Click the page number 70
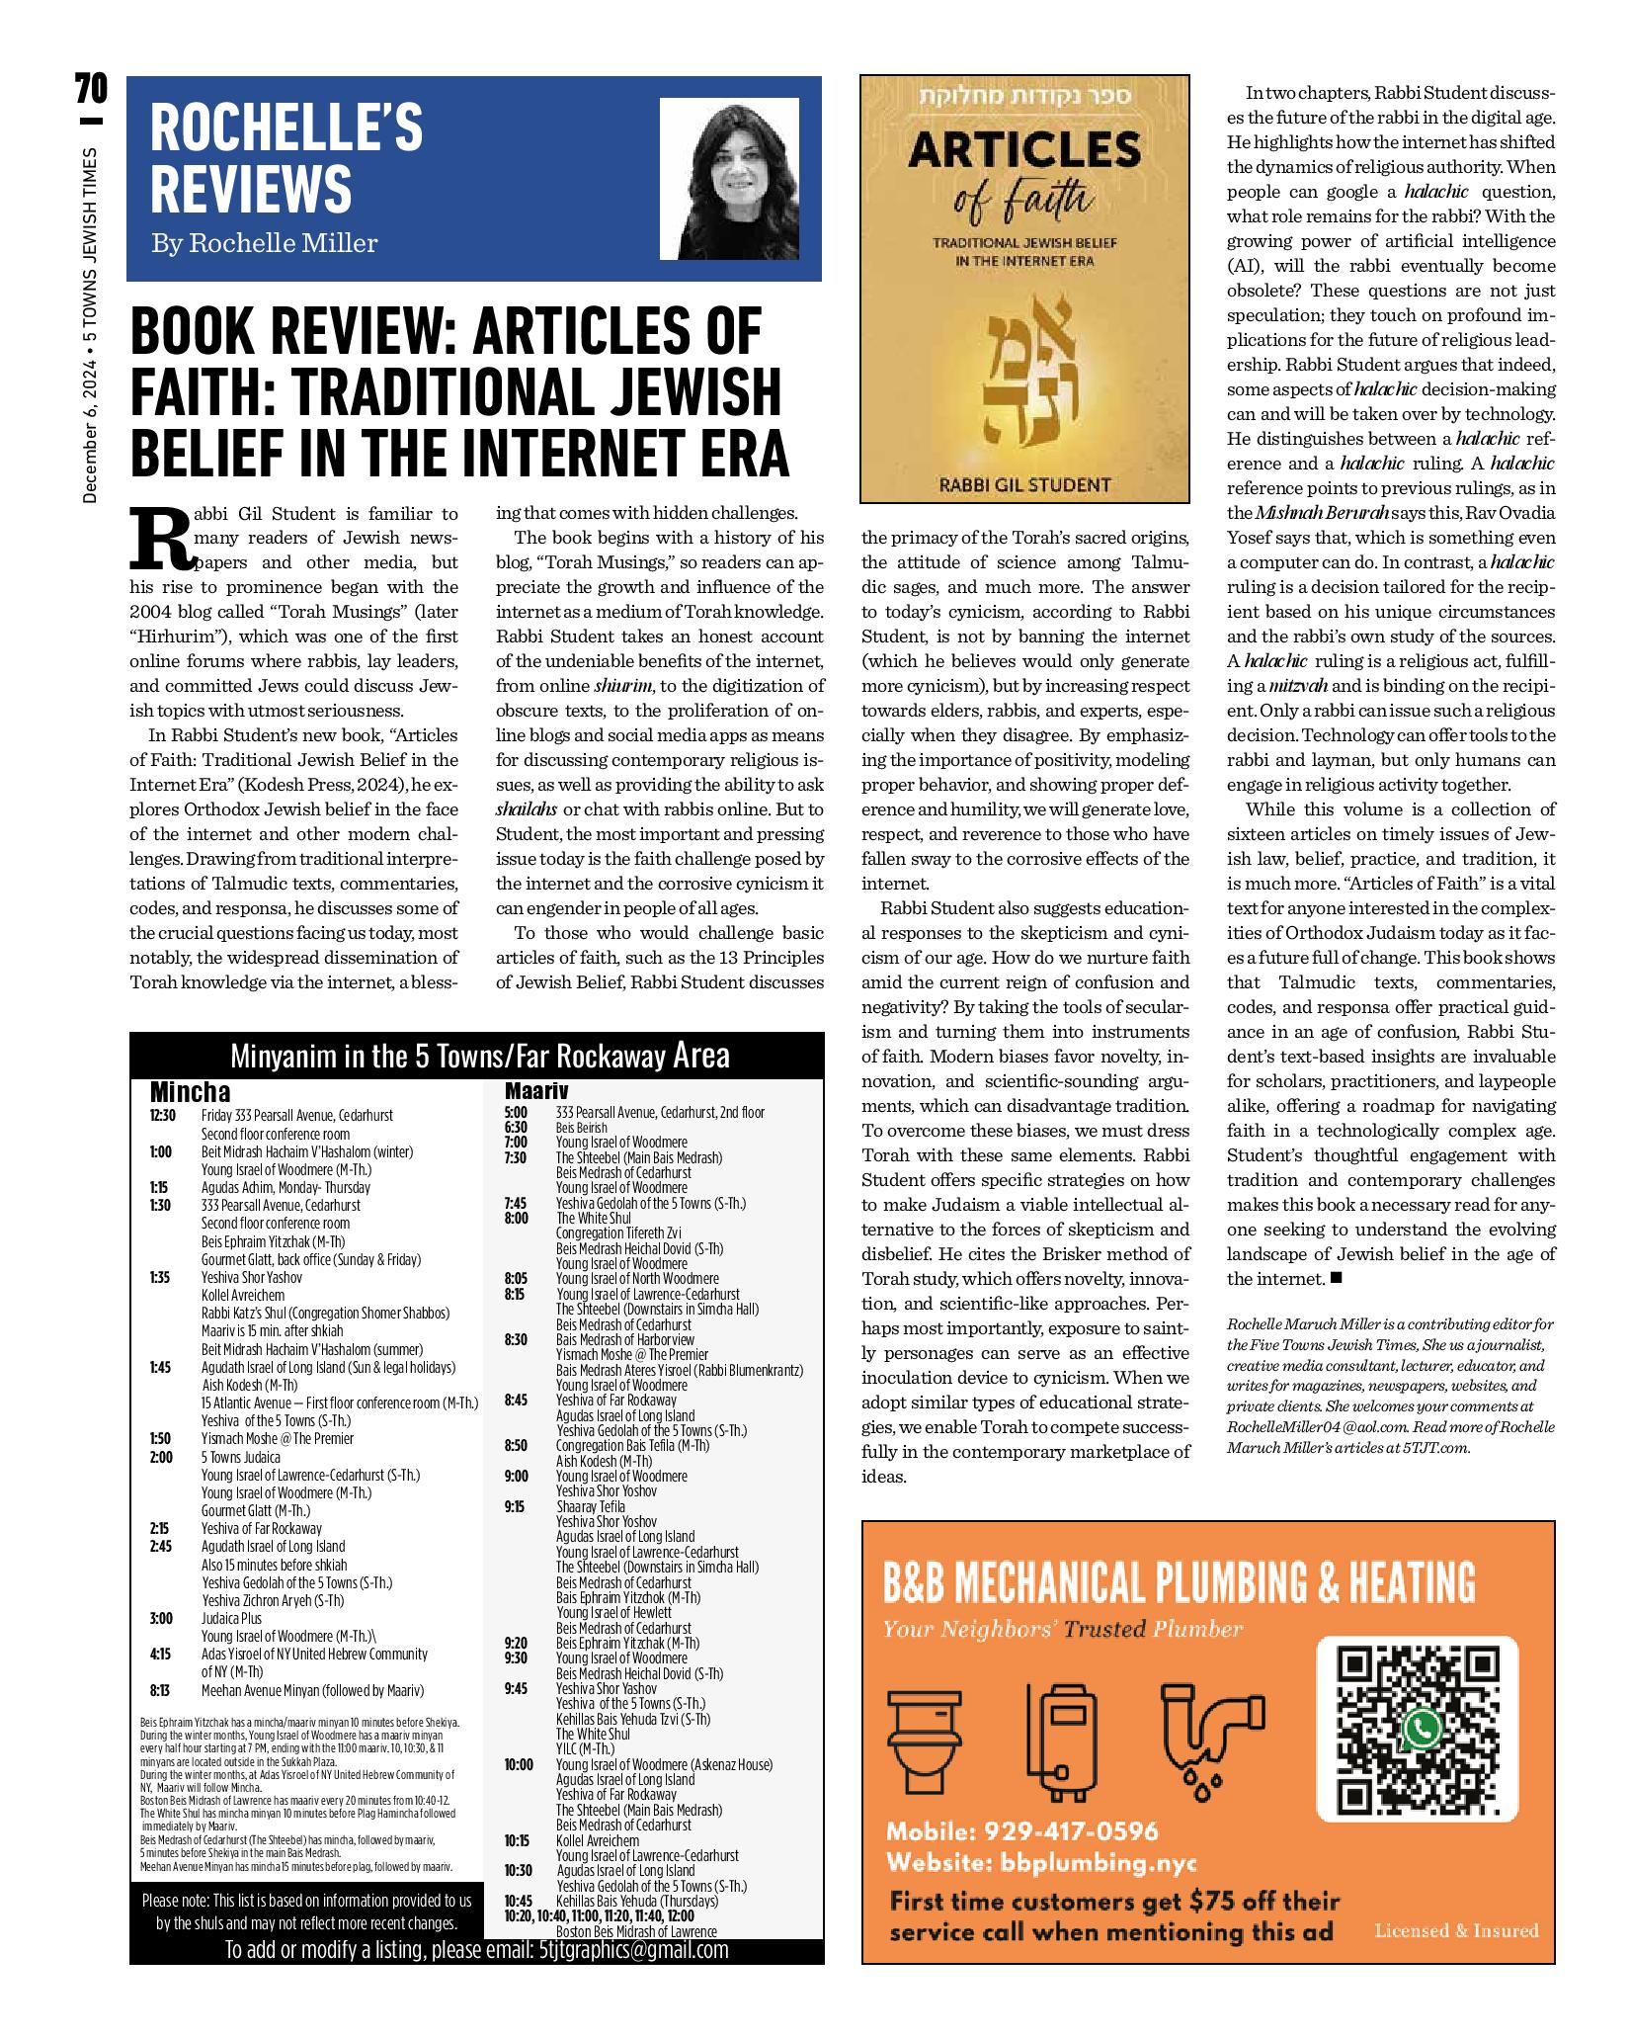pyautogui.click(x=90, y=92)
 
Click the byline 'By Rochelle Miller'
pyautogui.click(x=264, y=242)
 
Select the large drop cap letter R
pyautogui.click(x=159, y=541)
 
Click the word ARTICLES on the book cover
pyautogui.click(x=1024, y=150)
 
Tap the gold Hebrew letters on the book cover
pyautogui.click(x=1024, y=371)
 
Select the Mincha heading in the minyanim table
pyautogui.click(x=190, y=1091)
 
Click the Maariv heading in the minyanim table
pyautogui.click(x=536, y=1091)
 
